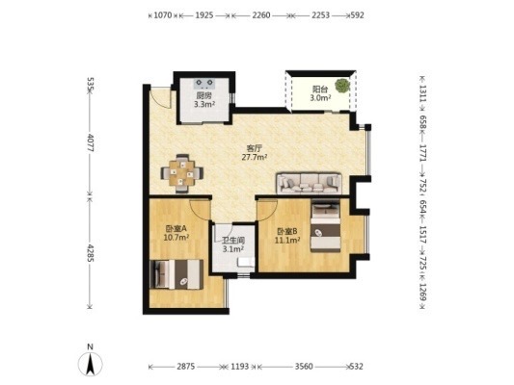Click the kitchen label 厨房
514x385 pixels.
[203, 96]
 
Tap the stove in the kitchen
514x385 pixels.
[203, 84]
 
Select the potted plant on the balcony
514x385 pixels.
[342, 86]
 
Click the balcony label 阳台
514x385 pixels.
[319, 89]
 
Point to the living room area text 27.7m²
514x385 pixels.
[255, 157]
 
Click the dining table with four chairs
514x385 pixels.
[182, 173]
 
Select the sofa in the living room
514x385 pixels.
[310, 183]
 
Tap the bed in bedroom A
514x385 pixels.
[176, 274]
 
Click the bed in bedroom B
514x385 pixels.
[326, 226]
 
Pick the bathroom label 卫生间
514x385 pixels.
[233, 241]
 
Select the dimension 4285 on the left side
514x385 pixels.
[91, 252]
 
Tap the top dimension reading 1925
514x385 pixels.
[204, 15]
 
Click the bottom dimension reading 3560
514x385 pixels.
[304, 367]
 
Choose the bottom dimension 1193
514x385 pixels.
[240, 367]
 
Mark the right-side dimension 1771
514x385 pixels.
[423, 152]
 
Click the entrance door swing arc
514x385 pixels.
[165, 101]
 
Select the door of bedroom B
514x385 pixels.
[268, 210]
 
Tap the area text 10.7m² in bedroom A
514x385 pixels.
[176, 237]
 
